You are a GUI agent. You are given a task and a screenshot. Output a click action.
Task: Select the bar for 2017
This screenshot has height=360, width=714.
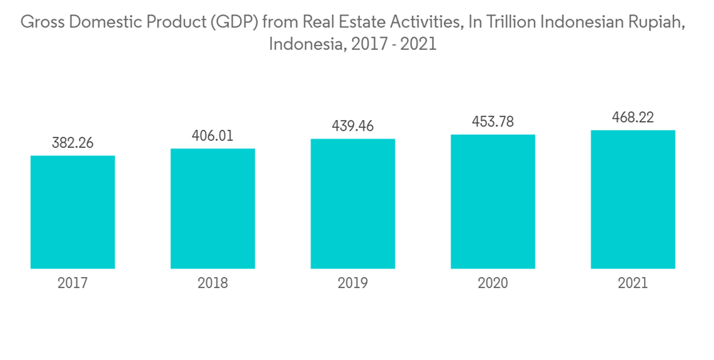(73, 212)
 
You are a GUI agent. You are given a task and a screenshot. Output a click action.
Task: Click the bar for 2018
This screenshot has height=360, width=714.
(213, 209)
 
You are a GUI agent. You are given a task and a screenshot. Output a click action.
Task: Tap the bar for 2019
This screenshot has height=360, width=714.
(353, 204)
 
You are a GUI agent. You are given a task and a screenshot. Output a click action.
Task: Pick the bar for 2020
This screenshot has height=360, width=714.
(493, 201)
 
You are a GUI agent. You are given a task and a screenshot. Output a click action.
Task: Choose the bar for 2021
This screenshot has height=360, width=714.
(633, 199)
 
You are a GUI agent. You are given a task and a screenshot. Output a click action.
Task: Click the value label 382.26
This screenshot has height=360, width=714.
(73, 143)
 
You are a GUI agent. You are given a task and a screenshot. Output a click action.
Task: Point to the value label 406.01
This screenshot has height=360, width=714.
(213, 136)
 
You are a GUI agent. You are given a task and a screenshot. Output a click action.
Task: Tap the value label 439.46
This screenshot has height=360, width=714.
(353, 126)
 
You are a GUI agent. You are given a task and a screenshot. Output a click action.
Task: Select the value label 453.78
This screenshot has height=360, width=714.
(493, 121)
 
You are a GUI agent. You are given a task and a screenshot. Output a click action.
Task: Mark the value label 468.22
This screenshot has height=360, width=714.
(633, 117)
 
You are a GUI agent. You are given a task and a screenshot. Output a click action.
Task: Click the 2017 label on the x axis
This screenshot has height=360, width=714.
(73, 284)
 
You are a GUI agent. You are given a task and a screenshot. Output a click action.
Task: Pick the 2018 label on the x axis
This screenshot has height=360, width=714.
(213, 284)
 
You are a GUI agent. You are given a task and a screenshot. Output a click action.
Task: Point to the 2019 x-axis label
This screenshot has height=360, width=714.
(353, 284)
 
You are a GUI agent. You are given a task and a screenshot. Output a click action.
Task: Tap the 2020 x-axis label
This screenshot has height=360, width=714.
(493, 284)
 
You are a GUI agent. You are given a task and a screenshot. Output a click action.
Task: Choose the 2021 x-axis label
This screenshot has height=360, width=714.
(633, 284)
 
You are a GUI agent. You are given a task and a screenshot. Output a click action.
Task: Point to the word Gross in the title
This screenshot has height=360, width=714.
(40, 23)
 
